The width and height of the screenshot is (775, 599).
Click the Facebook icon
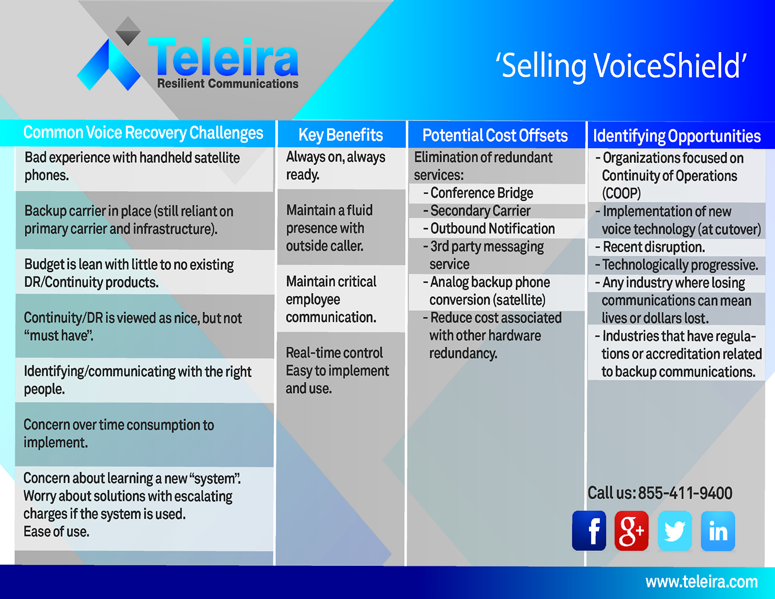589,530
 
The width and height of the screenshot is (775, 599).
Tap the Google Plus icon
631,530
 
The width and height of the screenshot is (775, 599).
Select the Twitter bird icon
674,530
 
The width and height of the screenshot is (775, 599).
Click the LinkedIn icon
718,530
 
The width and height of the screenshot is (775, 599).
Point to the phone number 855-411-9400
685,493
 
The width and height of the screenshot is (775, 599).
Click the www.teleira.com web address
702,582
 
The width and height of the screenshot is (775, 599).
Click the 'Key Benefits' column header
340,135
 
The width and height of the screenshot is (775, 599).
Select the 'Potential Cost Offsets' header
495,135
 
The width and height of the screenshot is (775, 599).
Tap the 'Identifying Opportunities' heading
677,136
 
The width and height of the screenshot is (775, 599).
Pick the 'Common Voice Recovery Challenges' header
143,133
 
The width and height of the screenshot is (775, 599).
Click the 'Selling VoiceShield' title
621,66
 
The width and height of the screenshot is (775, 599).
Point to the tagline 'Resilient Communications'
228,84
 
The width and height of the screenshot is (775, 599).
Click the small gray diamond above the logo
128,31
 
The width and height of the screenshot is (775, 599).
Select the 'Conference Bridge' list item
482,193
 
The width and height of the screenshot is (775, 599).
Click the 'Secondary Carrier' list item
481,211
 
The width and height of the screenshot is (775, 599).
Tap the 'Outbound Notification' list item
492,228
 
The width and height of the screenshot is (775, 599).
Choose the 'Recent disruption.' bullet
654,247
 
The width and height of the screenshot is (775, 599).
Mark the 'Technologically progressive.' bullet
680,265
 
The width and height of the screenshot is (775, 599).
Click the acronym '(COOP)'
621,193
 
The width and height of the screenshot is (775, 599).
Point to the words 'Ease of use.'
56,532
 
